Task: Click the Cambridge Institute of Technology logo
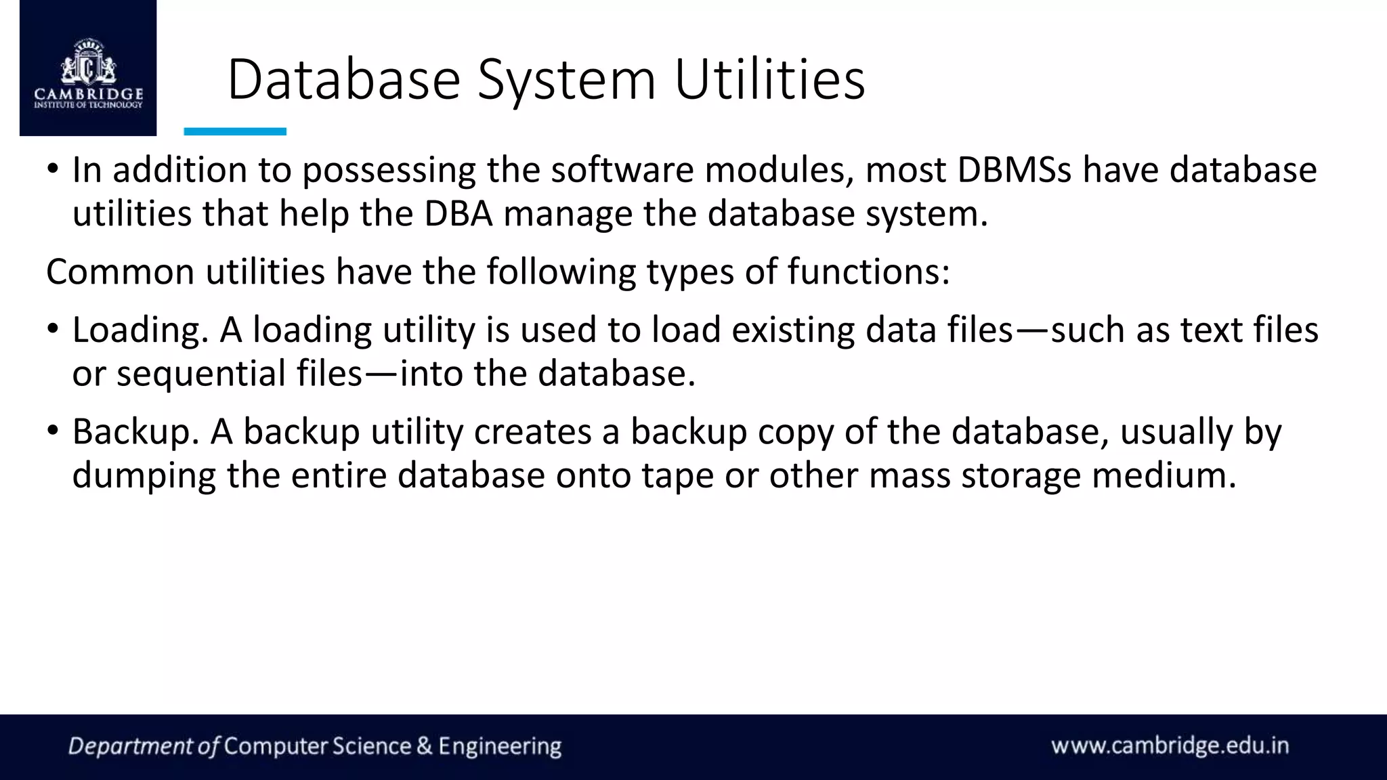[x=88, y=71]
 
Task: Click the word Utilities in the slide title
[x=769, y=80]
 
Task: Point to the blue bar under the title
[x=235, y=131]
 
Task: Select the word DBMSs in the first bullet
[x=1014, y=170]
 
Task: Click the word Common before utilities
[x=120, y=272]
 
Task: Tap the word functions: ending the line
[x=868, y=272]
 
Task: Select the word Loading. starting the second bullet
[x=140, y=331]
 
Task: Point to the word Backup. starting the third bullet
[x=135, y=433]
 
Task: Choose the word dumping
[x=144, y=476]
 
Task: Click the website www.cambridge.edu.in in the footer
[x=1170, y=746]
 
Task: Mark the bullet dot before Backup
[x=54, y=431]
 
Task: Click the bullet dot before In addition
[x=54, y=169]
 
